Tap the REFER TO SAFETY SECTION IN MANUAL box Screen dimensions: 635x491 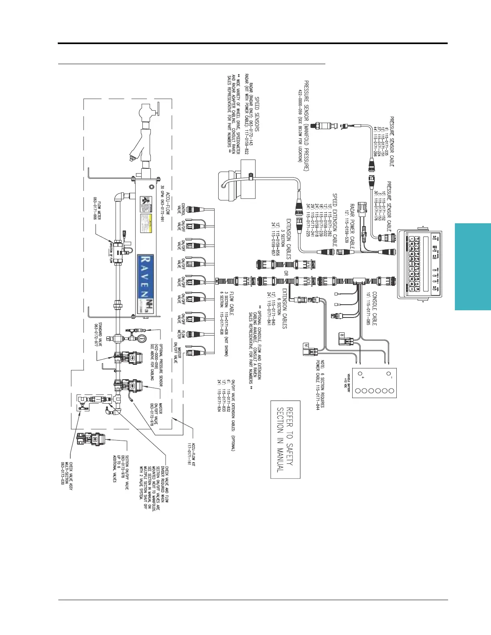point(285,439)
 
